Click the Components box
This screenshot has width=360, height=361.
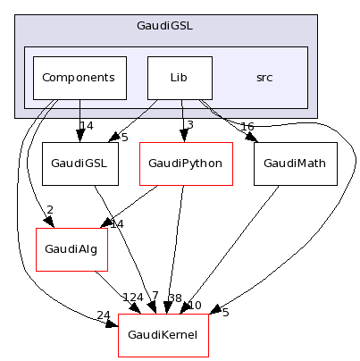(80, 78)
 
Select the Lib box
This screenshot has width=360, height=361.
(180, 78)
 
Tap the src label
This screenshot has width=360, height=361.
(264, 78)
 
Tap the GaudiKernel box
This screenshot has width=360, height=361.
(163, 335)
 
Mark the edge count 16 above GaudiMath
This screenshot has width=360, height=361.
(247, 126)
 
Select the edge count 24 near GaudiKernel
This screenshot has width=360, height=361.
(104, 315)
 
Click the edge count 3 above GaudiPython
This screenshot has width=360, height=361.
(190, 126)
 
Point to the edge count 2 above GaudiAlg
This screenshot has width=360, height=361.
(50, 211)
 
